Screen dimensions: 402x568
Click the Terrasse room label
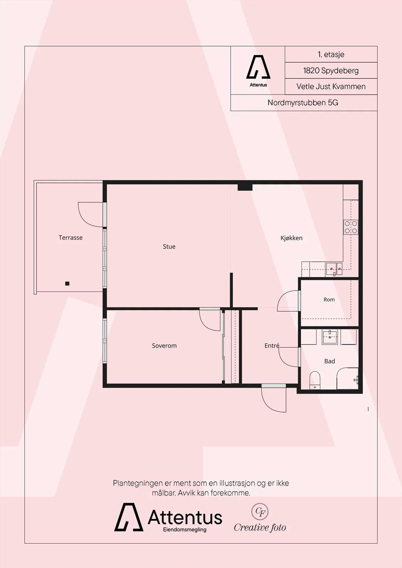[x=71, y=237]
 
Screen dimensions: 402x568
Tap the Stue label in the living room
[x=169, y=246]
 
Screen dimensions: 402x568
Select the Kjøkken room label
[x=291, y=238]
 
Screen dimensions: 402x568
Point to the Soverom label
[x=164, y=346]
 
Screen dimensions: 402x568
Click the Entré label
[x=272, y=345]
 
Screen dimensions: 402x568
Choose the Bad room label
[x=329, y=361]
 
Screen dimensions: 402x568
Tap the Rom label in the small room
[x=329, y=300]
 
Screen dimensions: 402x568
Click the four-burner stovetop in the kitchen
[x=351, y=227]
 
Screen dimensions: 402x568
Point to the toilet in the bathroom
[x=315, y=380]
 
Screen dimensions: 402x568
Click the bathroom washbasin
[x=330, y=337]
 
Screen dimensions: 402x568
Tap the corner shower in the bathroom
[x=348, y=378]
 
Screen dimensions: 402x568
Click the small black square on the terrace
[x=67, y=284]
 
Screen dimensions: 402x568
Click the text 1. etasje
[x=331, y=54]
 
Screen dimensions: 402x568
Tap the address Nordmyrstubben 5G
[x=303, y=103]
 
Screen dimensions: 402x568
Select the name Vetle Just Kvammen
[x=331, y=87]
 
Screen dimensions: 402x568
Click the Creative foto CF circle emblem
[x=260, y=512]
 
